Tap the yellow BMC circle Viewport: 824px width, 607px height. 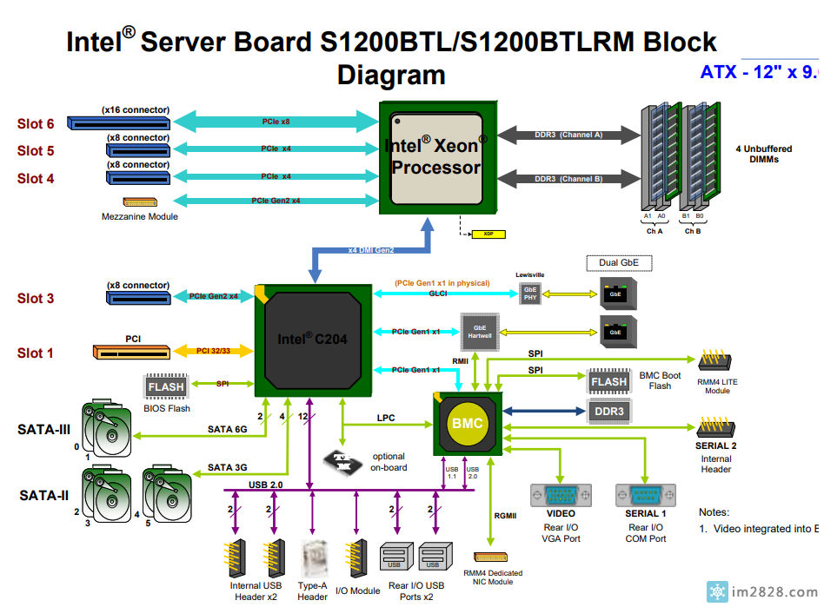467,424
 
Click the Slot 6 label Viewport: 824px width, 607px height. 36,124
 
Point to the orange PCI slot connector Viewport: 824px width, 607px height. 132,353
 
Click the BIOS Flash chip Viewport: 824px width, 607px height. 165,386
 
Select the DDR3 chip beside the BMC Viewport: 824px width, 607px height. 608,410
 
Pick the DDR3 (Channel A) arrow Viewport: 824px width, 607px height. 568,135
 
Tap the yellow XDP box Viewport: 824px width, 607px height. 482,234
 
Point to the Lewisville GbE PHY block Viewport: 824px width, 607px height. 529,294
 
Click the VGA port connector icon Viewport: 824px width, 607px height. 561,496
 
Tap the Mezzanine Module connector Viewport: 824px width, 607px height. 139,201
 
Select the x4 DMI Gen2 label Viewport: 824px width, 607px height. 371,250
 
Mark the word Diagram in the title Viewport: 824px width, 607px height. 391,75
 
